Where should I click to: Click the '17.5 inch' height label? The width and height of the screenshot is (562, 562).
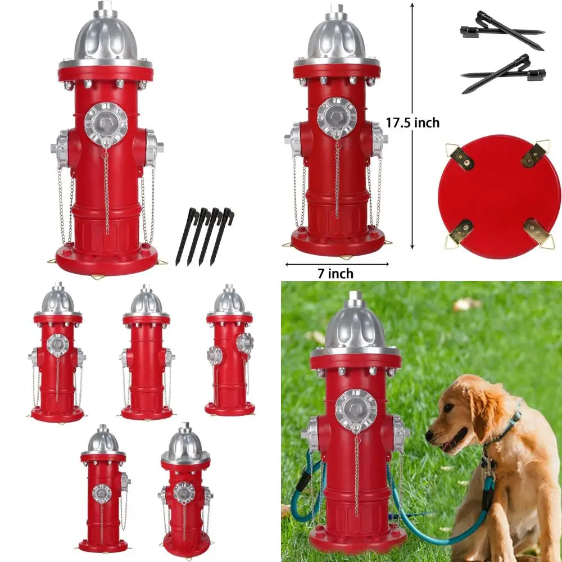pyautogui.click(x=413, y=123)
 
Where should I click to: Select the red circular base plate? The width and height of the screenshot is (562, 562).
pyautogui.click(x=499, y=196)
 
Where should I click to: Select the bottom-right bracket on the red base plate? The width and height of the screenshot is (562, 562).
pyautogui.click(x=537, y=232)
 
